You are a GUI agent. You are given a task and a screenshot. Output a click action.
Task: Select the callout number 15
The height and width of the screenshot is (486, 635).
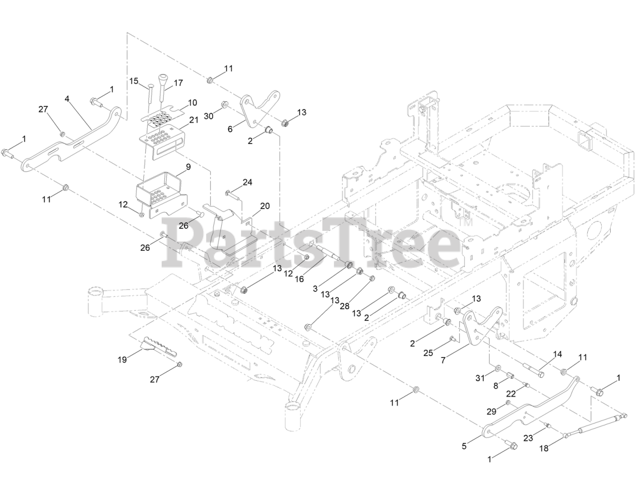[x=134, y=80]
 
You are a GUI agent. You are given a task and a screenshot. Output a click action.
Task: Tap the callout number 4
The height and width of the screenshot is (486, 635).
[x=67, y=99]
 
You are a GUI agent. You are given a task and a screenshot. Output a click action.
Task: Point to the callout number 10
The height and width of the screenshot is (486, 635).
[x=192, y=103]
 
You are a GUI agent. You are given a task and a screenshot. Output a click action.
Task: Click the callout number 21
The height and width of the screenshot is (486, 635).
[x=193, y=120]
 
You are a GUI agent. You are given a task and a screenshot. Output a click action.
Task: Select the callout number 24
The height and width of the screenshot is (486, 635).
[x=248, y=183]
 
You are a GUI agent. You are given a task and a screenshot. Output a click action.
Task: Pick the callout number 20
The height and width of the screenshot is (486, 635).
[x=265, y=206]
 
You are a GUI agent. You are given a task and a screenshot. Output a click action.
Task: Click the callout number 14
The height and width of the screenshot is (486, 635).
[x=558, y=354]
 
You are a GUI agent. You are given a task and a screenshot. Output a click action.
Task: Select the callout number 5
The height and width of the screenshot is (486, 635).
[x=464, y=446]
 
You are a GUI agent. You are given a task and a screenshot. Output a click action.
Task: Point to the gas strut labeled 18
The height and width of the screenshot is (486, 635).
[x=595, y=425]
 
